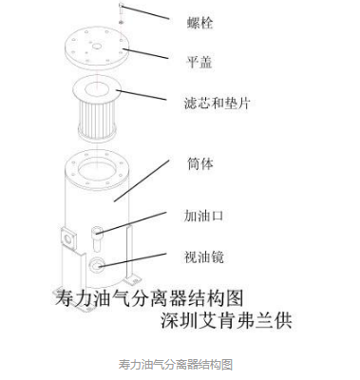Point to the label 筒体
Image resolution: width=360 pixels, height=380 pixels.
click(199, 162)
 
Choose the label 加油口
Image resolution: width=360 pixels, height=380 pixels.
click(203, 216)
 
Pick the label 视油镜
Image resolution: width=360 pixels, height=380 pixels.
click(203, 256)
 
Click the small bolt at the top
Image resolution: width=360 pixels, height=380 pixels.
click(122, 9)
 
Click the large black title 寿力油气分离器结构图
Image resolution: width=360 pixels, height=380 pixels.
click(142, 292)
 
